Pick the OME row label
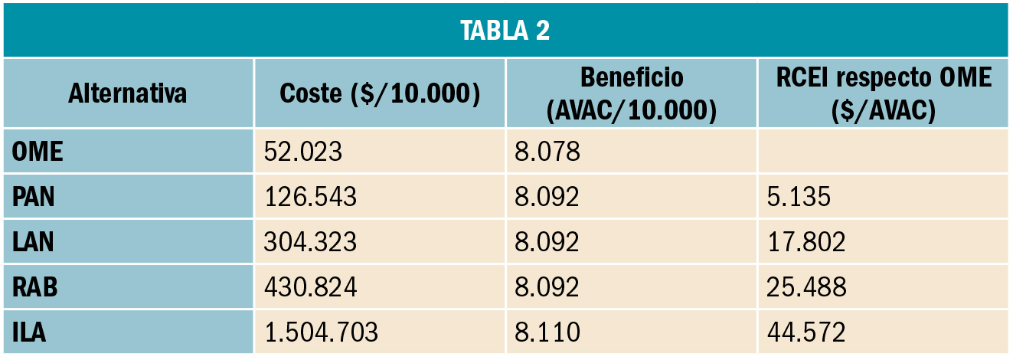[38, 152]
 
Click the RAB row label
[36, 287]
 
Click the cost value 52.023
[302, 152]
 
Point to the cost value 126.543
[310, 197]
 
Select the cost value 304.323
[310, 242]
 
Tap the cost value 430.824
[310, 287]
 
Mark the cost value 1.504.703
[321, 332]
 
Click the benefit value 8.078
[547, 152]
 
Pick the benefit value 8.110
[547, 332]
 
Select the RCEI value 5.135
[799, 197]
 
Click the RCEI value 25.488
[806, 287]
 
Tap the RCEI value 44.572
[806, 332]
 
